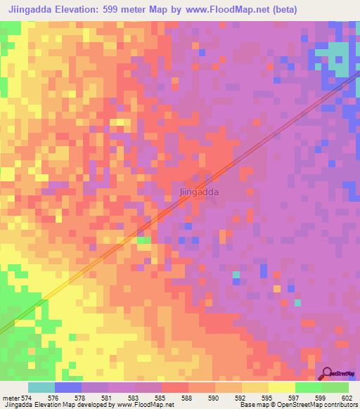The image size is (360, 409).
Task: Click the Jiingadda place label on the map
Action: pos(198,191)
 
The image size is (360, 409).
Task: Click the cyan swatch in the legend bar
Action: pos(41,387)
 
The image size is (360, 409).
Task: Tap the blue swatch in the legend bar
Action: pos(68,387)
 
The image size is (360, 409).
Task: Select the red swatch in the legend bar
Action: pos(175,387)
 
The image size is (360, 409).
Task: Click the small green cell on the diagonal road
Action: pos(143,240)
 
